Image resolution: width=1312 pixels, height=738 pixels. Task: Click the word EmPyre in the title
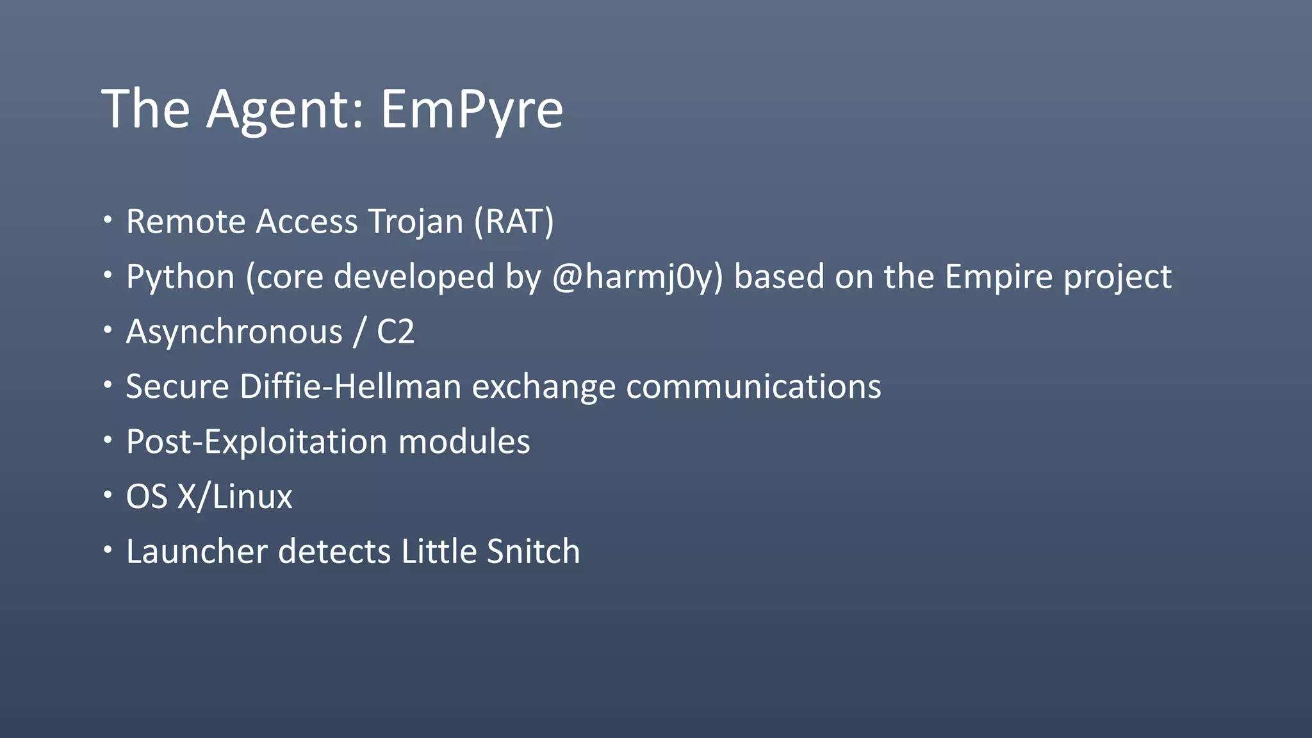pyautogui.click(x=471, y=109)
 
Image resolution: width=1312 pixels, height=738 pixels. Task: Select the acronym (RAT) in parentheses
pyautogui.click(x=514, y=222)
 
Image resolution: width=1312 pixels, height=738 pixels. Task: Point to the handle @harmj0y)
pyautogui.click(x=637, y=277)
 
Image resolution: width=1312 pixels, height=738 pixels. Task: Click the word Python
pyautogui.click(x=181, y=277)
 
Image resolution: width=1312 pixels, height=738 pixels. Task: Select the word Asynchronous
pyautogui.click(x=234, y=332)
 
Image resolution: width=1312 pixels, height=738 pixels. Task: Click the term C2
pyautogui.click(x=395, y=332)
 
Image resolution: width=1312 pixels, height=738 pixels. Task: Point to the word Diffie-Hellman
pyautogui.click(x=350, y=387)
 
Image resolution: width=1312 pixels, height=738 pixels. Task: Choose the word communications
pyautogui.click(x=753, y=387)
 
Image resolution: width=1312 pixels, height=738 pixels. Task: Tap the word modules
pyautogui.click(x=464, y=442)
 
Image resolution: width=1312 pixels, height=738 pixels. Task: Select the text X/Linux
pyautogui.click(x=234, y=497)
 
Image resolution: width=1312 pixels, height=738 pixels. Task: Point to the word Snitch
pyautogui.click(x=533, y=552)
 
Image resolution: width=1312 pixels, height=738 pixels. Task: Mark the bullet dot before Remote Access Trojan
pyautogui.click(x=108, y=220)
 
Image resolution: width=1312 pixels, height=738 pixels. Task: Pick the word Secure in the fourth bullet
pyautogui.click(x=177, y=387)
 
